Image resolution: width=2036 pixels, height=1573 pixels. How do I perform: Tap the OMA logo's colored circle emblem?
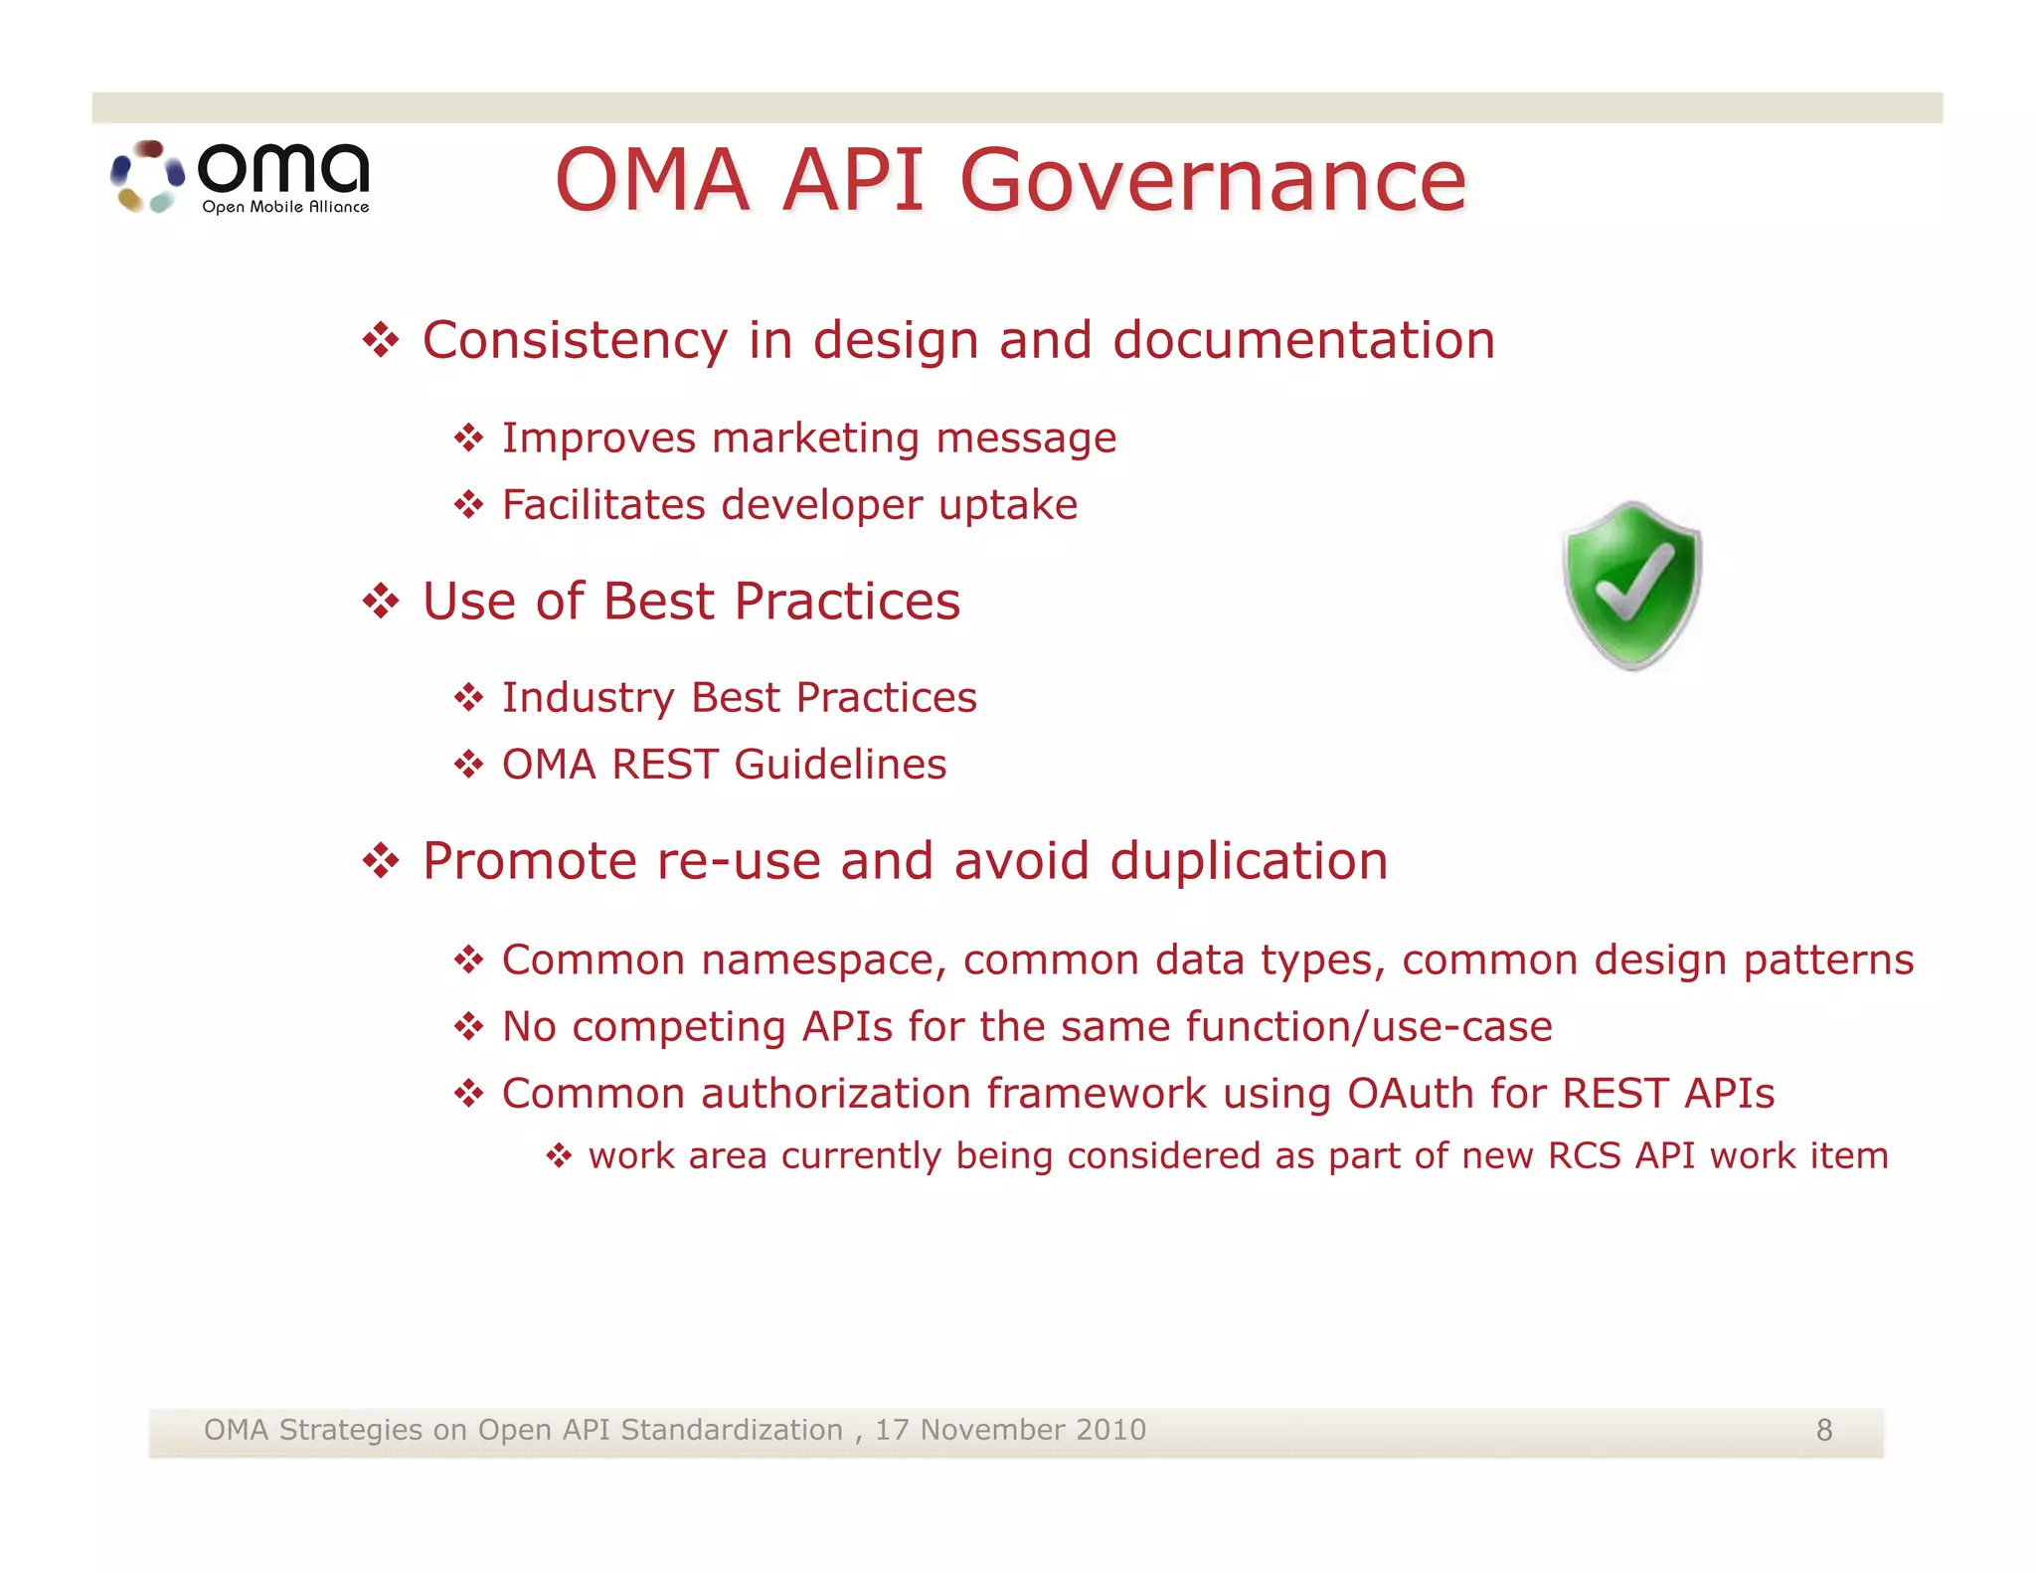click(x=147, y=177)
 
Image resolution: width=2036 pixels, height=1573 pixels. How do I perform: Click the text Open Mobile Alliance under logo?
click(x=285, y=207)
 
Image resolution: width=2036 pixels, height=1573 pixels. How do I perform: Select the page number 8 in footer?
click(x=1824, y=1430)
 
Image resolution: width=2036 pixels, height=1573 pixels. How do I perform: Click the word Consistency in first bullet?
click(x=575, y=340)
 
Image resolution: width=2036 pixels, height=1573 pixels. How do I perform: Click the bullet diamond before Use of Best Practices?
click(x=381, y=601)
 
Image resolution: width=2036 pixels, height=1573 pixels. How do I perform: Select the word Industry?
click(x=588, y=697)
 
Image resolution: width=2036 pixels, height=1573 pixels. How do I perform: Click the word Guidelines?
click(x=840, y=765)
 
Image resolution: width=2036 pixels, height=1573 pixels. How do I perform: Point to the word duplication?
click(x=1249, y=860)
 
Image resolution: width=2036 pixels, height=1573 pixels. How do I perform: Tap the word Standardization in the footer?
click(x=731, y=1430)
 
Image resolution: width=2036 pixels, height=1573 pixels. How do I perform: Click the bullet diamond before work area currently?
click(x=559, y=1155)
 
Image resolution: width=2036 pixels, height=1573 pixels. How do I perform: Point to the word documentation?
click(x=1303, y=340)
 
